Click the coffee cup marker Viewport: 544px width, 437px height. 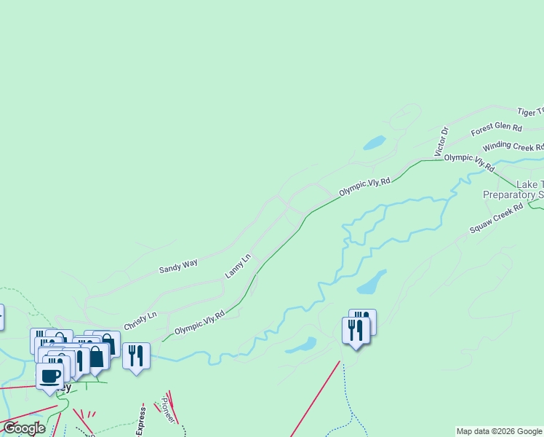[50, 377]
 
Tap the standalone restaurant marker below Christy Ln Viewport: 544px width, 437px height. [136, 355]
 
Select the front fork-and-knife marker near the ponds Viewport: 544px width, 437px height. [355, 331]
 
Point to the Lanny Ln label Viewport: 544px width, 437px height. [238, 266]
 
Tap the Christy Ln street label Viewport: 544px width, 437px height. [140, 321]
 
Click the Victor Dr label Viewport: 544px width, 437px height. [441, 141]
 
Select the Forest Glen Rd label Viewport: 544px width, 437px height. [497, 130]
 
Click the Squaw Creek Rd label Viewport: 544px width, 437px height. [496, 218]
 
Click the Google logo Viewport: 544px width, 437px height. [24, 428]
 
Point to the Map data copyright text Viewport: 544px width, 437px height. [498, 431]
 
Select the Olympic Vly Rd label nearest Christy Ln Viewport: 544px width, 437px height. [199, 320]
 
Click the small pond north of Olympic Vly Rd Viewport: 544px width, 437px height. [375, 142]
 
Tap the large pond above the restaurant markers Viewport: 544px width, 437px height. [370, 282]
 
